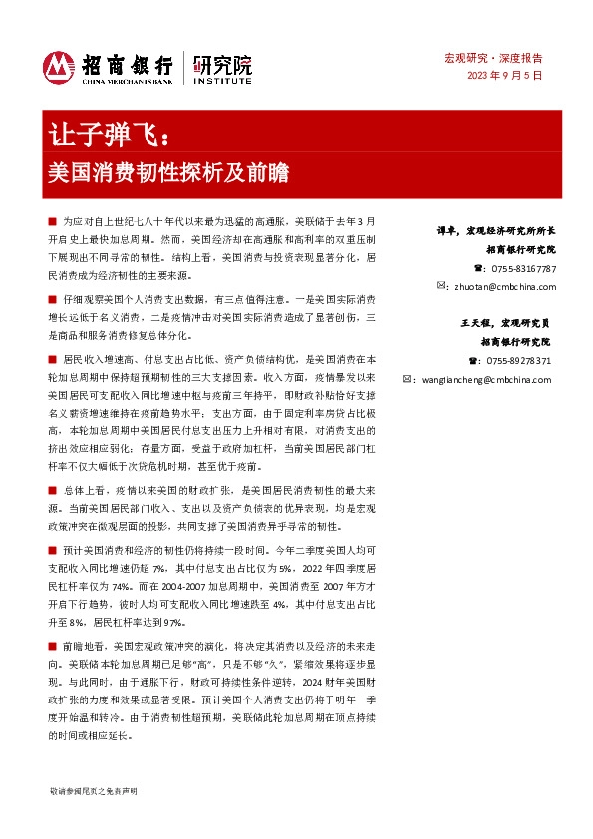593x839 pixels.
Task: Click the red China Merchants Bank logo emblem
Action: pyautogui.click(x=60, y=67)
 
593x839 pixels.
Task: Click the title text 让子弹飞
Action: pyautogui.click(x=111, y=133)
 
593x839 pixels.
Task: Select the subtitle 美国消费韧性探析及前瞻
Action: pyautogui.click(x=168, y=170)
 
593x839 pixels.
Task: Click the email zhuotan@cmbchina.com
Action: pyautogui.click(x=503, y=285)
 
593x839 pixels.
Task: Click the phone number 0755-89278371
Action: pyautogui.click(x=521, y=361)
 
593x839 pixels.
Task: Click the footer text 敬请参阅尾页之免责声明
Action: pyautogui.click(x=99, y=789)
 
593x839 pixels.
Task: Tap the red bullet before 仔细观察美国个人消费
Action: pyautogui.click(x=52, y=299)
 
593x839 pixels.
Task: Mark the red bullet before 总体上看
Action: pyautogui.click(x=52, y=490)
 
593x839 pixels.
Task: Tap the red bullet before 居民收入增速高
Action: pyautogui.click(x=52, y=358)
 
